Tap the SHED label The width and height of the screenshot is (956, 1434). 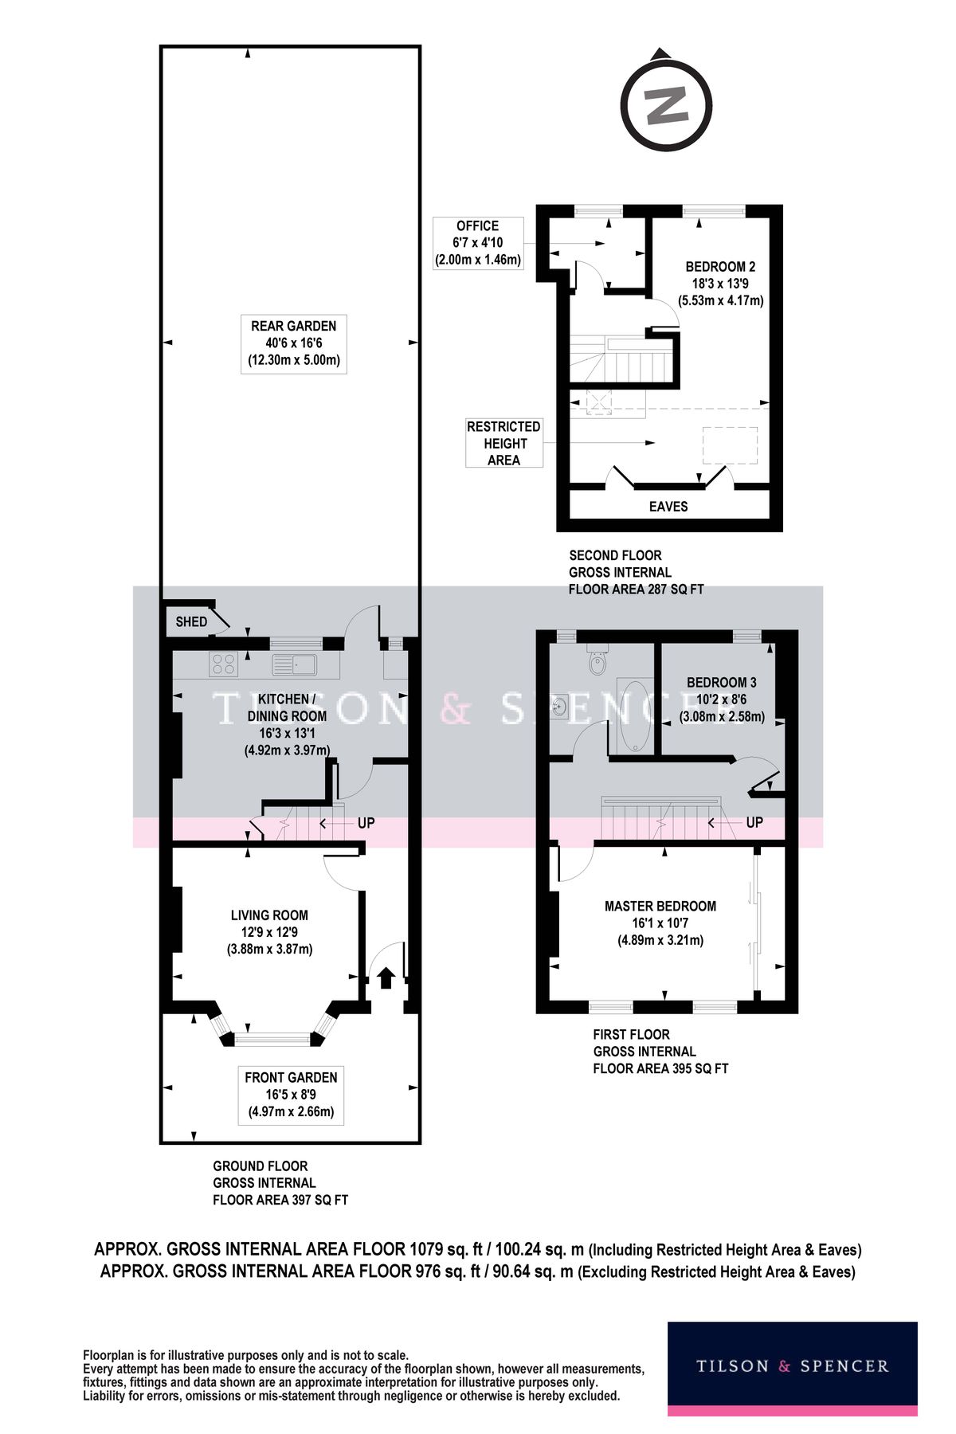click(x=191, y=621)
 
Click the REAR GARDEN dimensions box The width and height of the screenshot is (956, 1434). click(x=293, y=343)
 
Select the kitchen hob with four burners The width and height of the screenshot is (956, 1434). click(x=225, y=663)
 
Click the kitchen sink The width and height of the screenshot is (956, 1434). click(x=294, y=663)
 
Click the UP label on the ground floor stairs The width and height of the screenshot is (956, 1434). click(x=366, y=823)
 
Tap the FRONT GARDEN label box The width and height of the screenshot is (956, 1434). click(x=291, y=1095)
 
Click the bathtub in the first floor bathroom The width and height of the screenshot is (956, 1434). click(x=635, y=715)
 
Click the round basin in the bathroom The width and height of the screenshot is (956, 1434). click(x=562, y=707)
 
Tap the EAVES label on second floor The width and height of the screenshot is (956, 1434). click(x=668, y=506)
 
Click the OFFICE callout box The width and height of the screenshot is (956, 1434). click(x=478, y=242)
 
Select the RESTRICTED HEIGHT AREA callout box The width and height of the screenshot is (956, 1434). click(x=503, y=443)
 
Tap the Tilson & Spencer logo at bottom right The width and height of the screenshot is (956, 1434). click(x=792, y=1366)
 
